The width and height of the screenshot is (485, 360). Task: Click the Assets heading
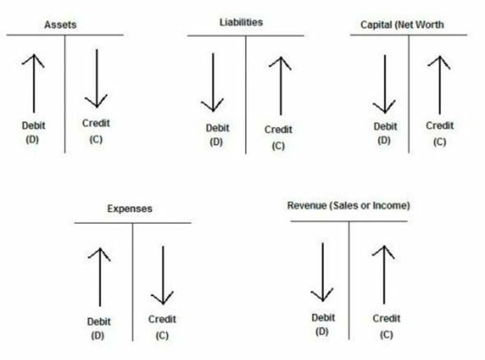pos(60,25)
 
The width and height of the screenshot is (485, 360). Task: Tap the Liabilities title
pos(241,22)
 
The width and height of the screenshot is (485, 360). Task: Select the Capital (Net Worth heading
pos(402,25)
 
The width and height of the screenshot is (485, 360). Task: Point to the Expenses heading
pos(130,209)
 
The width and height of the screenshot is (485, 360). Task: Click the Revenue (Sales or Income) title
pos(349,205)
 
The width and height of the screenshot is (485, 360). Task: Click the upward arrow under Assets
pos(34,84)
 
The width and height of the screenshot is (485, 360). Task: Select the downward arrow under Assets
pos(96,79)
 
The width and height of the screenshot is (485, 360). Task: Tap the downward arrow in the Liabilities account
pos(213,82)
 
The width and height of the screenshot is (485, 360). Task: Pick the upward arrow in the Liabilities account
pos(280,85)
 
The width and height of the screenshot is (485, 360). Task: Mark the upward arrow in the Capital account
pos(440,85)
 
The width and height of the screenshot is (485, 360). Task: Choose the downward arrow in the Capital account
pos(385,84)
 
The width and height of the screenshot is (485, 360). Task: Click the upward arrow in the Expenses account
pos(99,277)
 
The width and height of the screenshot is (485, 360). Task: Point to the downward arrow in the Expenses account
pos(163,275)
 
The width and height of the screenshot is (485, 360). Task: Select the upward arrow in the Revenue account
pos(384,275)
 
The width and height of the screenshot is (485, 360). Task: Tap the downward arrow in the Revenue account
pos(322,272)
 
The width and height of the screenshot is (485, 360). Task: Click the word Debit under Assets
pos(34,126)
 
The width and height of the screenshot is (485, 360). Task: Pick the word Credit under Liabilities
pos(278,129)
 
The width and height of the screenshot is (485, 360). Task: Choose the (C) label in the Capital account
pos(440,142)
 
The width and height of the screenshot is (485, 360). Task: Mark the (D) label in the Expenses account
pos(98,335)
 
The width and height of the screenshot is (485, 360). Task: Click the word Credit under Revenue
pos(386,318)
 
